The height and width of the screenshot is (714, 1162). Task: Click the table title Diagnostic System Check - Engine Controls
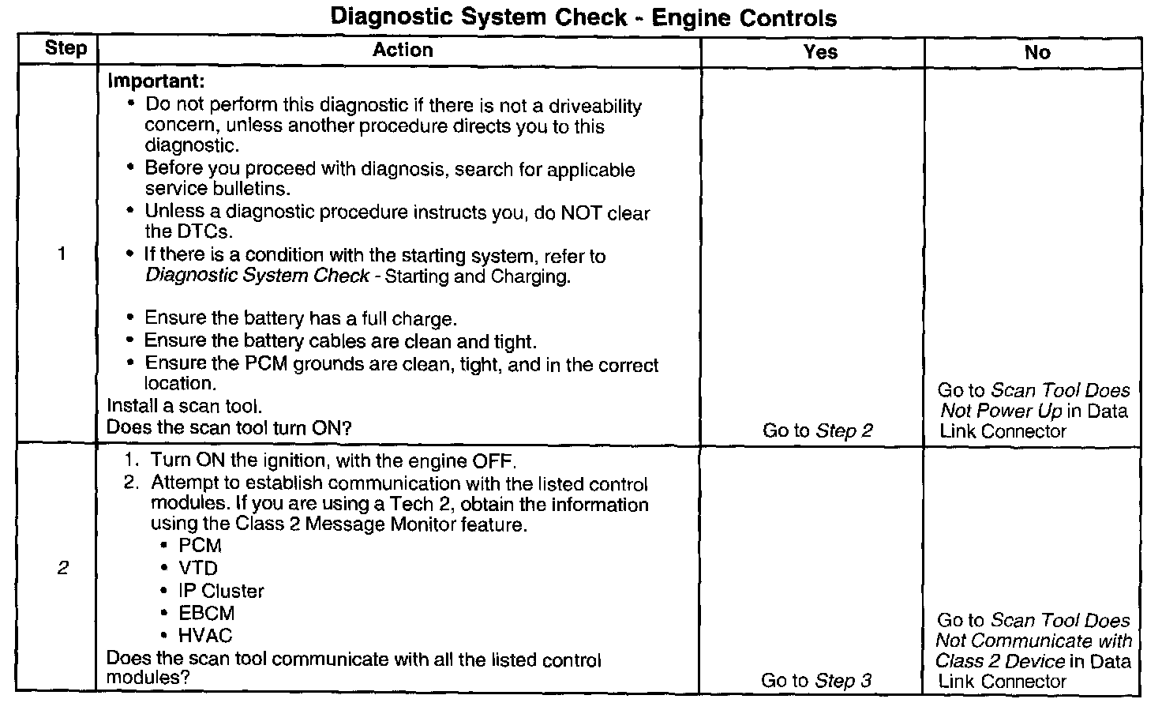point(583,17)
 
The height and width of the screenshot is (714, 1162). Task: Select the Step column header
point(66,48)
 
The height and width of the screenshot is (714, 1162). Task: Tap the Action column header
point(403,51)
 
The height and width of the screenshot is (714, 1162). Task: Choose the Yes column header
point(820,52)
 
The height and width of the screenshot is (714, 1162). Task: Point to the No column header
point(1037,53)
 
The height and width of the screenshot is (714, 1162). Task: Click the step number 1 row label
point(62,254)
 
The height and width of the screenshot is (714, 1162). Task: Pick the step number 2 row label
point(62,569)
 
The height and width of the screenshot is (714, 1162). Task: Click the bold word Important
point(156,81)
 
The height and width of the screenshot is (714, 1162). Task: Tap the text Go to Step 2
point(818,430)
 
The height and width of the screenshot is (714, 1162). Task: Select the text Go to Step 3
point(816,681)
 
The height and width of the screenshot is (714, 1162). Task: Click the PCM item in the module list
point(200,546)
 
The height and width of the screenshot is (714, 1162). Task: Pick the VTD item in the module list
point(198,569)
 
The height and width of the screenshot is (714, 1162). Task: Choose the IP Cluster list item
point(221,591)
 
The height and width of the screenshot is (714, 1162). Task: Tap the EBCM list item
point(206,613)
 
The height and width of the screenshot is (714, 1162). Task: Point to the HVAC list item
point(205,636)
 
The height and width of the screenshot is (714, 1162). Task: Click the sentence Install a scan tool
point(184,406)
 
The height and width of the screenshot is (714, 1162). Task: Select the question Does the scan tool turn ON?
point(229,428)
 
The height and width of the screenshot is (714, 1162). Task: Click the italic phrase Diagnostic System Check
point(257,276)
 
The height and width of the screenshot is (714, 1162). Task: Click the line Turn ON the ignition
point(332,460)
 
